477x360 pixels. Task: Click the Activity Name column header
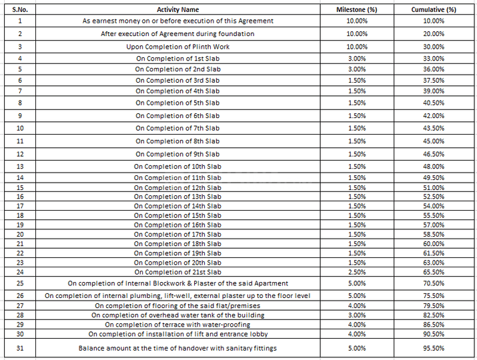177,9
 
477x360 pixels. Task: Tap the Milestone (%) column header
357,9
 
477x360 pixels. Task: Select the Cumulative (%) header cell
434,9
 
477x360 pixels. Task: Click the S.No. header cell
20,9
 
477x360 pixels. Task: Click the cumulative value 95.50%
434,348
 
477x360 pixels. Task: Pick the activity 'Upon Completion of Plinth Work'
177,47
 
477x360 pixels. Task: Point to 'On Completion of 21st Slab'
177,272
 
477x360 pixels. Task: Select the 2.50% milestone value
357,272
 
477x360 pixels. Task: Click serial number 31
20,348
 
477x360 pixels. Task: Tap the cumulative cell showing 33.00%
434,59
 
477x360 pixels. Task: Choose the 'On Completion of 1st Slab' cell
177,59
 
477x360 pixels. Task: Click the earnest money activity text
177,21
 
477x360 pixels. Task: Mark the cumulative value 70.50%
434,283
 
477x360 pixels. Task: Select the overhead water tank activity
177,315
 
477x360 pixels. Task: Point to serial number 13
20,166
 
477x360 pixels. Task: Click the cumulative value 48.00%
434,166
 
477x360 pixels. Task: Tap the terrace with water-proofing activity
177,324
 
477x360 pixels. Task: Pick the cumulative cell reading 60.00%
434,244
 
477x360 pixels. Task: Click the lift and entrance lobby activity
177,334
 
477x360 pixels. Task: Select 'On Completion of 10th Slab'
177,166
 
